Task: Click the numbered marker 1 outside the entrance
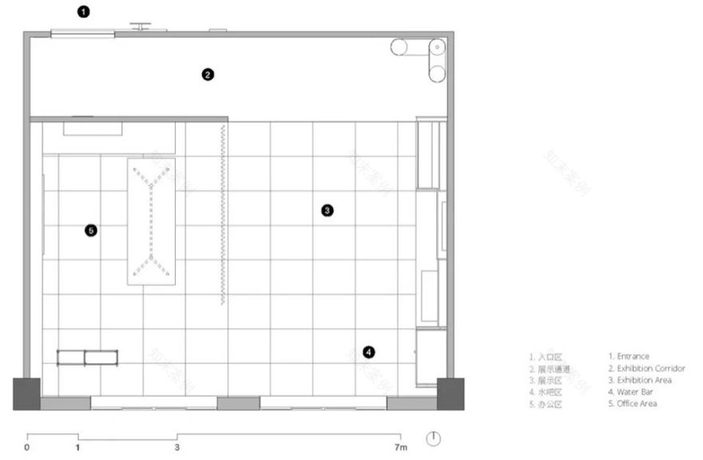(x=84, y=12)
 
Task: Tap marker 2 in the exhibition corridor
(x=208, y=74)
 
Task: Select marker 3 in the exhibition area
(x=328, y=210)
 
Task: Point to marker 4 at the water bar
(x=368, y=352)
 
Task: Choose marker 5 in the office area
(x=91, y=230)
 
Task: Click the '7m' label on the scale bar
(x=401, y=447)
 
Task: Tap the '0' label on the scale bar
(x=27, y=447)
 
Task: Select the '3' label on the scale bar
(x=177, y=447)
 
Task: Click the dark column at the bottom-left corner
(x=26, y=394)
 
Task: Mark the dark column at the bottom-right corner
(x=451, y=394)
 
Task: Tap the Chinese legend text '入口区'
(x=551, y=357)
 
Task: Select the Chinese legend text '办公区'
(x=551, y=405)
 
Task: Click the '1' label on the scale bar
(x=77, y=447)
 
